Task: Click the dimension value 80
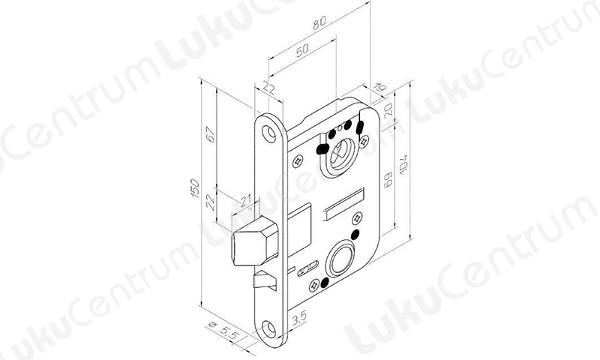pyautogui.click(x=319, y=22)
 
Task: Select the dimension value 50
pyautogui.click(x=302, y=50)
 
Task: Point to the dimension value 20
pyautogui.click(x=388, y=109)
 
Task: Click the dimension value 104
pyautogui.click(x=403, y=165)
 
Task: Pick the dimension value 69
pyautogui.click(x=388, y=179)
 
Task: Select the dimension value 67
pyautogui.click(x=211, y=134)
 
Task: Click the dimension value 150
pyautogui.click(x=195, y=188)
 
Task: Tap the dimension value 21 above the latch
pyautogui.click(x=246, y=200)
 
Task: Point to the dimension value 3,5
pyautogui.click(x=299, y=317)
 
